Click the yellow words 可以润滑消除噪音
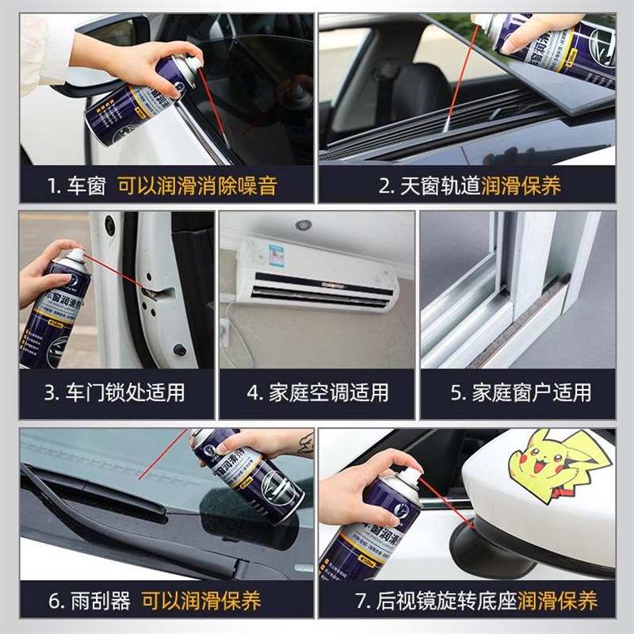[197, 187]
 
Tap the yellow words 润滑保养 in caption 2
[520, 187]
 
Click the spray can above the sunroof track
[555, 44]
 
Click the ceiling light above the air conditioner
[304, 225]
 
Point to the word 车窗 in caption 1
[90, 187]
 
